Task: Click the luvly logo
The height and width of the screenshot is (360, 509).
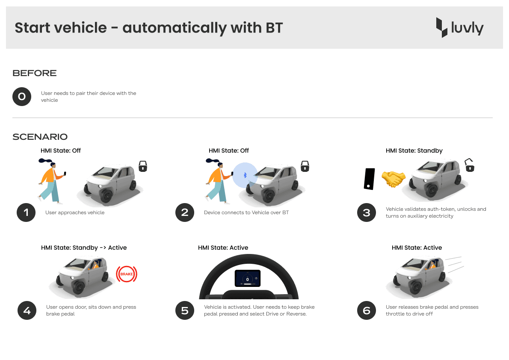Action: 460,28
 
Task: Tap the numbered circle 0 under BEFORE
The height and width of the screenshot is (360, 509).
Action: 22,96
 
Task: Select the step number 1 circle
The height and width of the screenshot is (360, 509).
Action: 26,212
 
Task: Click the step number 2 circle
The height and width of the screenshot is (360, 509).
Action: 185,212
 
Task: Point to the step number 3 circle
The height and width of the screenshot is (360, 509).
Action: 367,212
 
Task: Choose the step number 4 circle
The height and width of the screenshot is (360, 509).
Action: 27,310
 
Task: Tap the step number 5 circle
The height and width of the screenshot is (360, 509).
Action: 185,310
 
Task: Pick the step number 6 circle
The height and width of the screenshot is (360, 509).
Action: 367,310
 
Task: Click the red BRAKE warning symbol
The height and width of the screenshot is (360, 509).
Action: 127,274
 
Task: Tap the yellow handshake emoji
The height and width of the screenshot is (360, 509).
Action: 394,179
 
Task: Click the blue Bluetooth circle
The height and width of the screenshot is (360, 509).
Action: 246,175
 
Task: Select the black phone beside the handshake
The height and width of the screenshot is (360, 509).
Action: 370,179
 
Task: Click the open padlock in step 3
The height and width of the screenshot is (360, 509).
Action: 469,165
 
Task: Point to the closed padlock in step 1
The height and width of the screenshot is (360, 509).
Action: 143,166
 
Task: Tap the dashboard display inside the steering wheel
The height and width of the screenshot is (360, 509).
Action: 247,278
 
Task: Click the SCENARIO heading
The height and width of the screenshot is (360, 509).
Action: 40,137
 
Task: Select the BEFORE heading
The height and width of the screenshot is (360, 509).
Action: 34,73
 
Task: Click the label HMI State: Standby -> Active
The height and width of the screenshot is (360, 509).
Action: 84,248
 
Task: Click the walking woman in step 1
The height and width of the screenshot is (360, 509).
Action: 52,181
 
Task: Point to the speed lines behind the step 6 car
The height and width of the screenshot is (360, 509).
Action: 454,264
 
